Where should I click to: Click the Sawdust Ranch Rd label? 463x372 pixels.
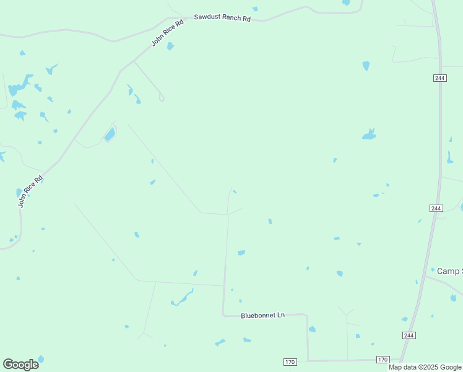coord(222,18)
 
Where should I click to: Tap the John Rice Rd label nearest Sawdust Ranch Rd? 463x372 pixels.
coord(168,33)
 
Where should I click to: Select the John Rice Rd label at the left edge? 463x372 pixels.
coord(30,191)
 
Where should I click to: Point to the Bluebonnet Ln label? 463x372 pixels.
coord(262,315)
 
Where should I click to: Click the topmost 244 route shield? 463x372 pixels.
coord(439,77)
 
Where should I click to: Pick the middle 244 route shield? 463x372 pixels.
coord(436,208)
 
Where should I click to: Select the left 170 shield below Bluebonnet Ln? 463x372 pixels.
coord(290,361)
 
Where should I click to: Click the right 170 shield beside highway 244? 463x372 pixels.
coord(383,360)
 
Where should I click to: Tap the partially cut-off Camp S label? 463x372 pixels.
coord(449,271)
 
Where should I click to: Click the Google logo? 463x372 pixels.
coord(20,364)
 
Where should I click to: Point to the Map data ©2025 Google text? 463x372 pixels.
coord(425,367)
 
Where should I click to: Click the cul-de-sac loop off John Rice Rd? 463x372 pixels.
coord(161,97)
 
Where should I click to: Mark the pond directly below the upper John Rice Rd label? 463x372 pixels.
coord(170,46)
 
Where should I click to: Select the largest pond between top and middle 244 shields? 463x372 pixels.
coord(369,134)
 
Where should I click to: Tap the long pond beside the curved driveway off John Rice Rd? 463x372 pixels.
coord(110,134)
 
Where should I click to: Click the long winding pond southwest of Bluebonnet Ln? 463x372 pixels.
coord(183,299)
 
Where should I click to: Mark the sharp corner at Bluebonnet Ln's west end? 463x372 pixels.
coord(223,314)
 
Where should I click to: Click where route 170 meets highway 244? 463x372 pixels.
coord(400,360)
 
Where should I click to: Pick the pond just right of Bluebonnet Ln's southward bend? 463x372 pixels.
coord(312,329)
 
